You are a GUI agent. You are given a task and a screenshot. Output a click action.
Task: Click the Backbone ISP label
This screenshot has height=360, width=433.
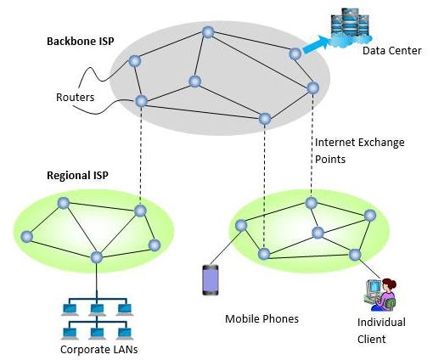click(x=81, y=42)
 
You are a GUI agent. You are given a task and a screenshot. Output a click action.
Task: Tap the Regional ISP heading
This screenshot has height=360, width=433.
click(x=77, y=176)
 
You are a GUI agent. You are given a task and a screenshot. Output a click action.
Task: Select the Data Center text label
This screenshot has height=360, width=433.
click(x=392, y=51)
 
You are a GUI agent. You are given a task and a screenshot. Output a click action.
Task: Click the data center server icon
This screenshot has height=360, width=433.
click(x=351, y=26)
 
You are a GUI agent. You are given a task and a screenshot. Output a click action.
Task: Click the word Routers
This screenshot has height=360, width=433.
click(x=75, y=98)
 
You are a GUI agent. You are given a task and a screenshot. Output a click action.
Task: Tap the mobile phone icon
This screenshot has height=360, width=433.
click(x=211, y=280)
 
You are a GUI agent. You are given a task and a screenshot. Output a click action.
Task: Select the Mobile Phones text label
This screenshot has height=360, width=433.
click(x=261, y=319)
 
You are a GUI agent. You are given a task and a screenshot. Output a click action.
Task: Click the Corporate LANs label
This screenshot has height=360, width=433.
click(x=99, y=350)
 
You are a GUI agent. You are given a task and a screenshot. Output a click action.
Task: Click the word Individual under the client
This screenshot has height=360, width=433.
click(x=381, y=323)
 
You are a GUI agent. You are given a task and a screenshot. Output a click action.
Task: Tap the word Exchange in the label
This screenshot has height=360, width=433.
click(x=381, y=143)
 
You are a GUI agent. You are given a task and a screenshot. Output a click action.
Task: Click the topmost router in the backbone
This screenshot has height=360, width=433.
click(x=208, y=32)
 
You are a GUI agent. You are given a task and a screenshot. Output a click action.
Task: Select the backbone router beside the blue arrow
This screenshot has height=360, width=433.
click(x=295, y=53)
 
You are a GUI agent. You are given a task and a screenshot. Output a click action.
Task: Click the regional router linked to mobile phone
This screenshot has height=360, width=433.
click(x=241, y=226)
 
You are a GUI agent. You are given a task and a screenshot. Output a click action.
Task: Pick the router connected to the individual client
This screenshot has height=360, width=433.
click(x=355, y=255)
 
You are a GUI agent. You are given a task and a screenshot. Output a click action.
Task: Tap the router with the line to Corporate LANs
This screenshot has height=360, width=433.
click(x=97, y=257)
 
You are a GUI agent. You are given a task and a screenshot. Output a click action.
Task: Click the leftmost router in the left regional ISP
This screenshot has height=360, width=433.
click(x=27, y=237)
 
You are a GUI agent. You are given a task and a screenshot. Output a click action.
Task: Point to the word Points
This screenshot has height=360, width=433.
click(x=330, y=160)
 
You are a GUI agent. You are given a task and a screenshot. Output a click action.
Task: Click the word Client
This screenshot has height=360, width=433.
click(x=371, y=340)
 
